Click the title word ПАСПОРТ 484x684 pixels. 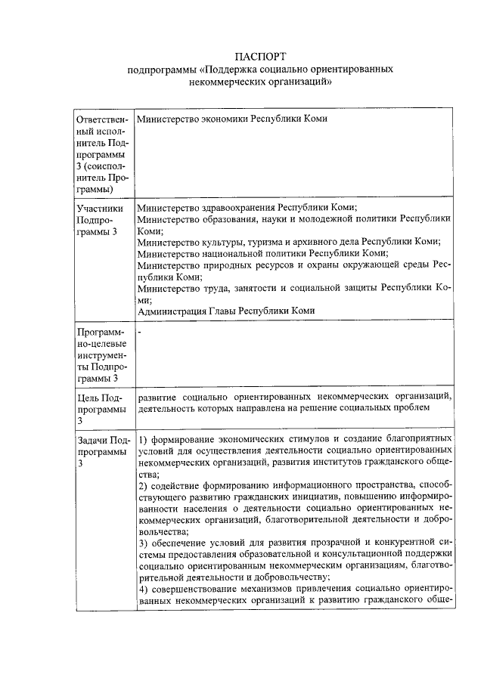click(261, 57)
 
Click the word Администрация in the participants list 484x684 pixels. click(170, 311)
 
